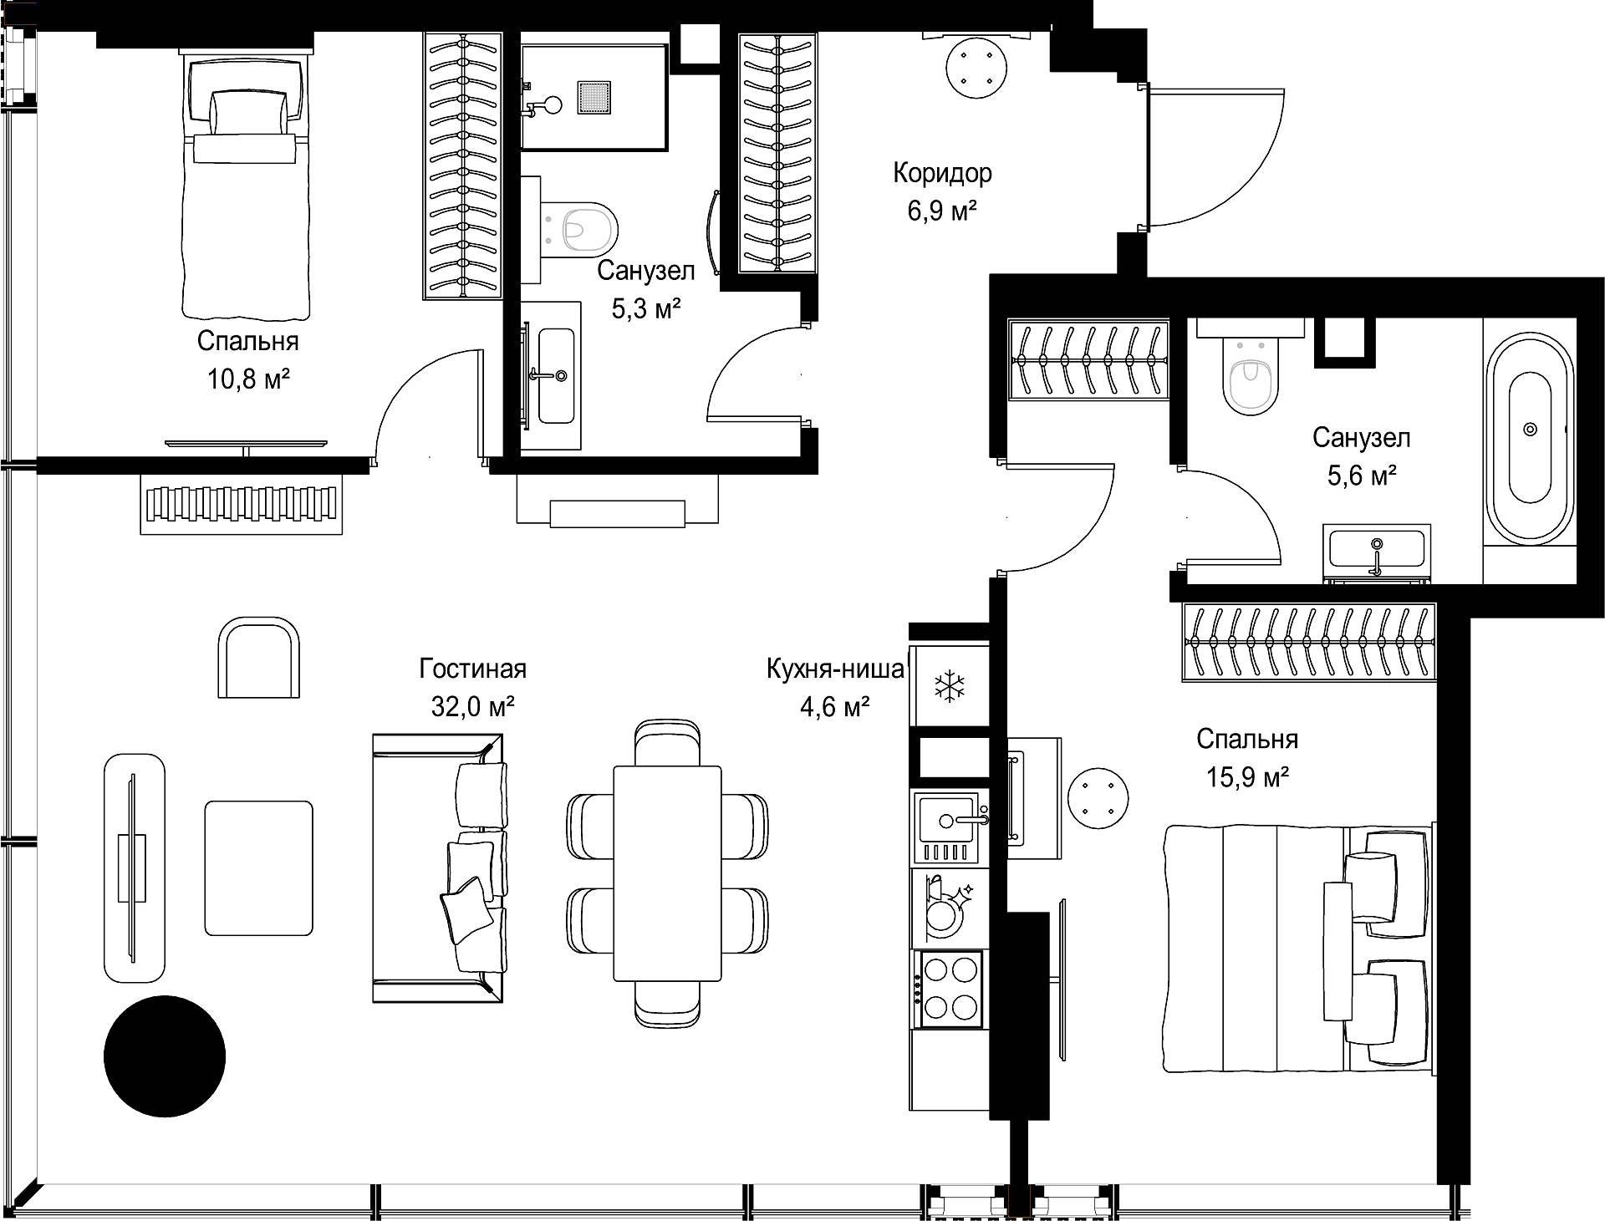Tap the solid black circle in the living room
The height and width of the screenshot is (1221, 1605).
[x=165, y=1056]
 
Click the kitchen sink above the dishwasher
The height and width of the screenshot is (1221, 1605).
[x=949, y=827]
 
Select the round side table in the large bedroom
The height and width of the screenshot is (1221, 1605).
[x=1098, y=796]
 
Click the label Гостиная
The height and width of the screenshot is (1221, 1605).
[x=473, y=669]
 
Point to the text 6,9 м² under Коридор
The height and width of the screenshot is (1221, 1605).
[x=943, y=211]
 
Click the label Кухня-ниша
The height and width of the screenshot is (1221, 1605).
[x=835, y=669]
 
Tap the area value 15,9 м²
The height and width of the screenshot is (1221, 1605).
[x=1247, y=777]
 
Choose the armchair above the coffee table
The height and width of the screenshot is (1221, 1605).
[x=258, y=658]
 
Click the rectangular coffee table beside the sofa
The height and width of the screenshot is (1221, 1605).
[x=259, y=868]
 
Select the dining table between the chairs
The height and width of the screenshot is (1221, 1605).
[x=667, y=873]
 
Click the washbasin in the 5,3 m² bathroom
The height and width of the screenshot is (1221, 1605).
[x=556, y=375]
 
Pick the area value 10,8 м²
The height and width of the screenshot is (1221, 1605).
[x=248, y=380]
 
